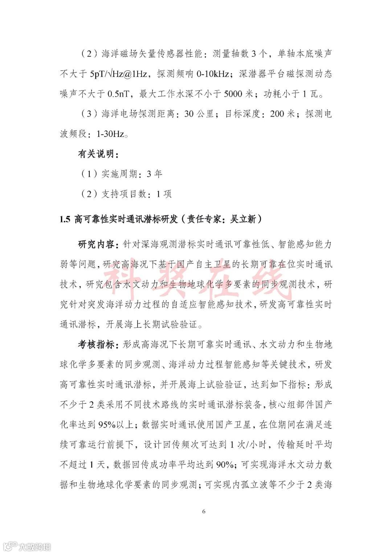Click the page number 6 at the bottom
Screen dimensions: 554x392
(x=204, y=511)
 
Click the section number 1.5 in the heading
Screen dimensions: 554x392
(x=65, y=219)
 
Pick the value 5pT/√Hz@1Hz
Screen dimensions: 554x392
(x=119, y=74)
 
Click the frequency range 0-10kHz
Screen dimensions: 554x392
(x=213, y=74)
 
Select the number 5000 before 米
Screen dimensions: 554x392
(x=233, y=94)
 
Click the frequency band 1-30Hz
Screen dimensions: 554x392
(x=110, y=134)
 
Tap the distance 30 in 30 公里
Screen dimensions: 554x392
(x=189, y=114)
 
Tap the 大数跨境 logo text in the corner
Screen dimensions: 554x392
(x=34, y=546)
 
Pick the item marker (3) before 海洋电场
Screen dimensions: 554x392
(x=89, y=114)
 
